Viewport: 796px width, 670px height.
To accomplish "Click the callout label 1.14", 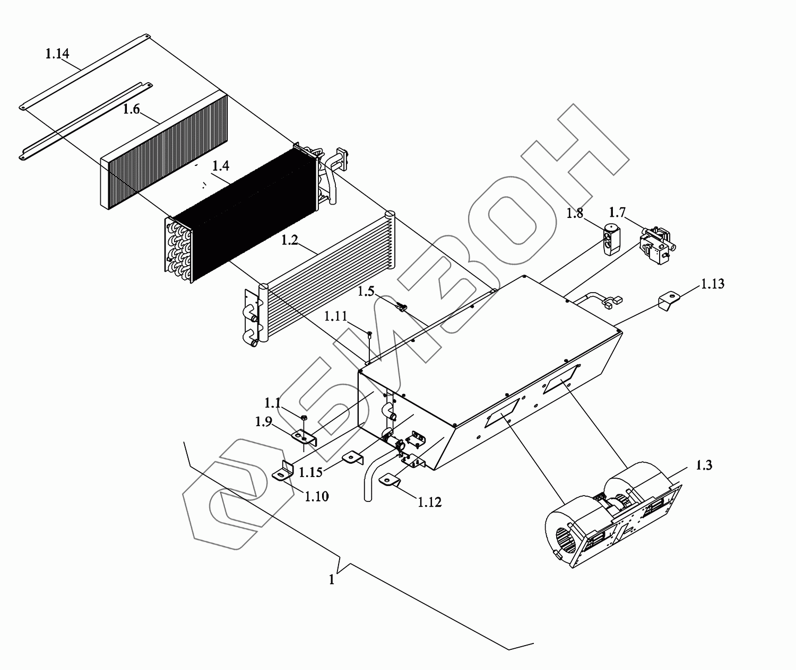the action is [57, 54].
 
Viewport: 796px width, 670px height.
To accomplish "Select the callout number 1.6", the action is [131, 110].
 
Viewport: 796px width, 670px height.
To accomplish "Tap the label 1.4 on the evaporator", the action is [220, 166].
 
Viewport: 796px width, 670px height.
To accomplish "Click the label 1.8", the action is [575, 214].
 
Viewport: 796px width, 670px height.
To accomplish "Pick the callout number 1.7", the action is [617, 213].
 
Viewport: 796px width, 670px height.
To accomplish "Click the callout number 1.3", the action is [704, 465].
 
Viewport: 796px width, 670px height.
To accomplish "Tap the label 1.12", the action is [429, 501].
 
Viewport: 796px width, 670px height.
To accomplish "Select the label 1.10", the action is [317, 496].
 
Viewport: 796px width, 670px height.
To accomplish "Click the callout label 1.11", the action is [336, 316].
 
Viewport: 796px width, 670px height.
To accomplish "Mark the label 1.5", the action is [366, 291].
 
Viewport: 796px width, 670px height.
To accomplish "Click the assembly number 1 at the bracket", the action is [332, 580].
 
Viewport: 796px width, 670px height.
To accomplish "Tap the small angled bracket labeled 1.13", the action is [669, 303].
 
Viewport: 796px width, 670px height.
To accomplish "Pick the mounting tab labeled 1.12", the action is [390, 480].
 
